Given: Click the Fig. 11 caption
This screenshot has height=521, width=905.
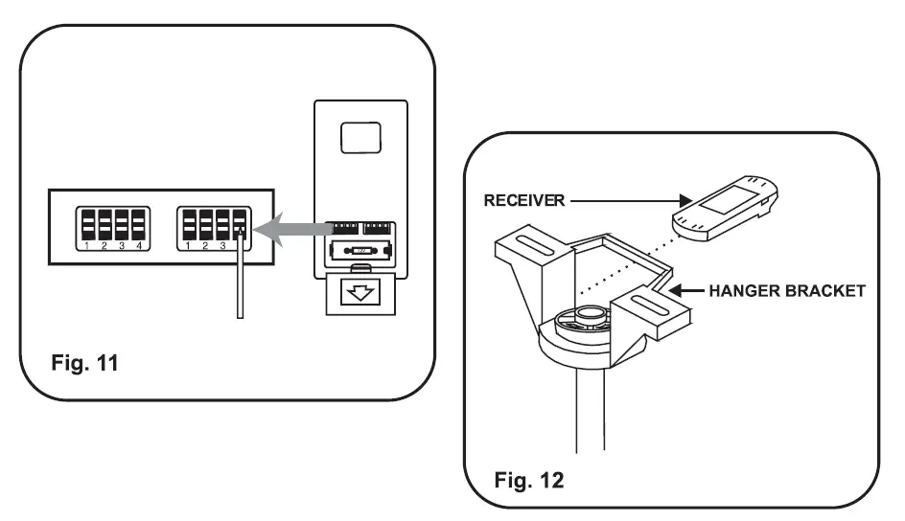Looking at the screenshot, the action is [84, 363].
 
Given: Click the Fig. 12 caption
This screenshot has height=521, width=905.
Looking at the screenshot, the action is [528, 480].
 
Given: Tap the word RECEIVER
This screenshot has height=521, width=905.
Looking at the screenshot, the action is [524, 200].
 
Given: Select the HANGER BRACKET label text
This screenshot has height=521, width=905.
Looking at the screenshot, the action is [787, 290].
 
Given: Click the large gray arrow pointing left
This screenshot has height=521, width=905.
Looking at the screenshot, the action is [292, 230].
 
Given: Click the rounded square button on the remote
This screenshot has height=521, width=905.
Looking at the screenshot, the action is [360, 138].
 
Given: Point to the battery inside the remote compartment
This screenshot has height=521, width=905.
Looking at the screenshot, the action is [360, 251].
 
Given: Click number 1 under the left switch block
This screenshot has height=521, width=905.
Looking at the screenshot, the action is [86, 246].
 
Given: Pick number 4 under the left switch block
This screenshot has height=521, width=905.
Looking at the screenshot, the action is [139, 246].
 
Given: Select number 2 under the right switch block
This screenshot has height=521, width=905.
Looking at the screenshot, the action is [205, 246].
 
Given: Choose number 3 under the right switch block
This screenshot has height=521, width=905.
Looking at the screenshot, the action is [222, 246].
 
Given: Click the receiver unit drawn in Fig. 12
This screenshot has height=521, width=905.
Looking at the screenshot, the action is [725, 208].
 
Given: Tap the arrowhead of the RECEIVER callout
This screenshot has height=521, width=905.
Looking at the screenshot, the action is [685, 200].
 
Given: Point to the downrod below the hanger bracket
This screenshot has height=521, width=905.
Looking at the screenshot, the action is [590, 409].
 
